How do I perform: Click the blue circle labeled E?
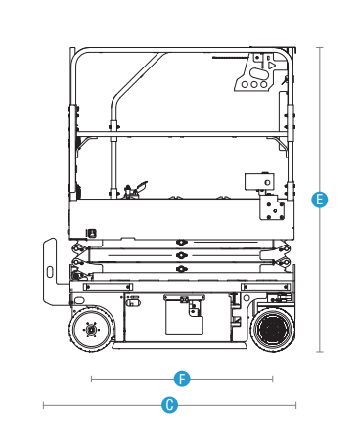(320, 200)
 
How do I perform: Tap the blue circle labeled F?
(182, 379)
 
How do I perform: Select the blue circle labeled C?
(169, 405)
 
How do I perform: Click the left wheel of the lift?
(91, 330)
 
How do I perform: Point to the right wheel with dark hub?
(272, 330)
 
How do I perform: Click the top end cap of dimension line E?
(320, 48)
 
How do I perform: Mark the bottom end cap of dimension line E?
(320, 352)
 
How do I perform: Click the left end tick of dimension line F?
(92, 379)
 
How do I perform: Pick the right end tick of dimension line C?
(295, 405)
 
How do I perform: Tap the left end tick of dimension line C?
(43, 405)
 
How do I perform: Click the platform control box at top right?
(256, 72)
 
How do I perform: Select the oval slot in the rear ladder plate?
(50, 272)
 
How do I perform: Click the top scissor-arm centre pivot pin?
(181, 243)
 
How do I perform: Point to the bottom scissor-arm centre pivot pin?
(181, 269)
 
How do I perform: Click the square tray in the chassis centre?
(184, 315)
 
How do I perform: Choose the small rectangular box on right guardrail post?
(259, 182)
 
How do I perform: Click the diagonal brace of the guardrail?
(138, 77)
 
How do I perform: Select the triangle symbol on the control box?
(271, 66)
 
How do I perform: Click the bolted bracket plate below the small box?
(272, 207)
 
